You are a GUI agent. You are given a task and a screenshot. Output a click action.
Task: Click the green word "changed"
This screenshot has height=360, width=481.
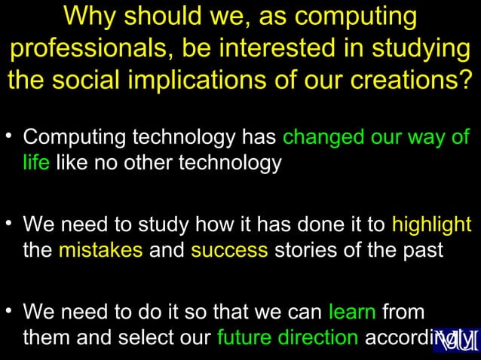click(325, 139)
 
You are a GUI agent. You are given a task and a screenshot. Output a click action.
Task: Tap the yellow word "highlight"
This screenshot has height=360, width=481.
click(431, 225)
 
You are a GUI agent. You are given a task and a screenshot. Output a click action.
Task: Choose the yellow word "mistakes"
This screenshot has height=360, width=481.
click(100, 249)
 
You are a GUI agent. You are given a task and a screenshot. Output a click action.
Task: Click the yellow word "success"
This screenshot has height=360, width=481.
click(229, 249)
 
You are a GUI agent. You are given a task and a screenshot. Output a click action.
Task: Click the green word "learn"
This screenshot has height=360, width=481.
click(353, 312)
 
